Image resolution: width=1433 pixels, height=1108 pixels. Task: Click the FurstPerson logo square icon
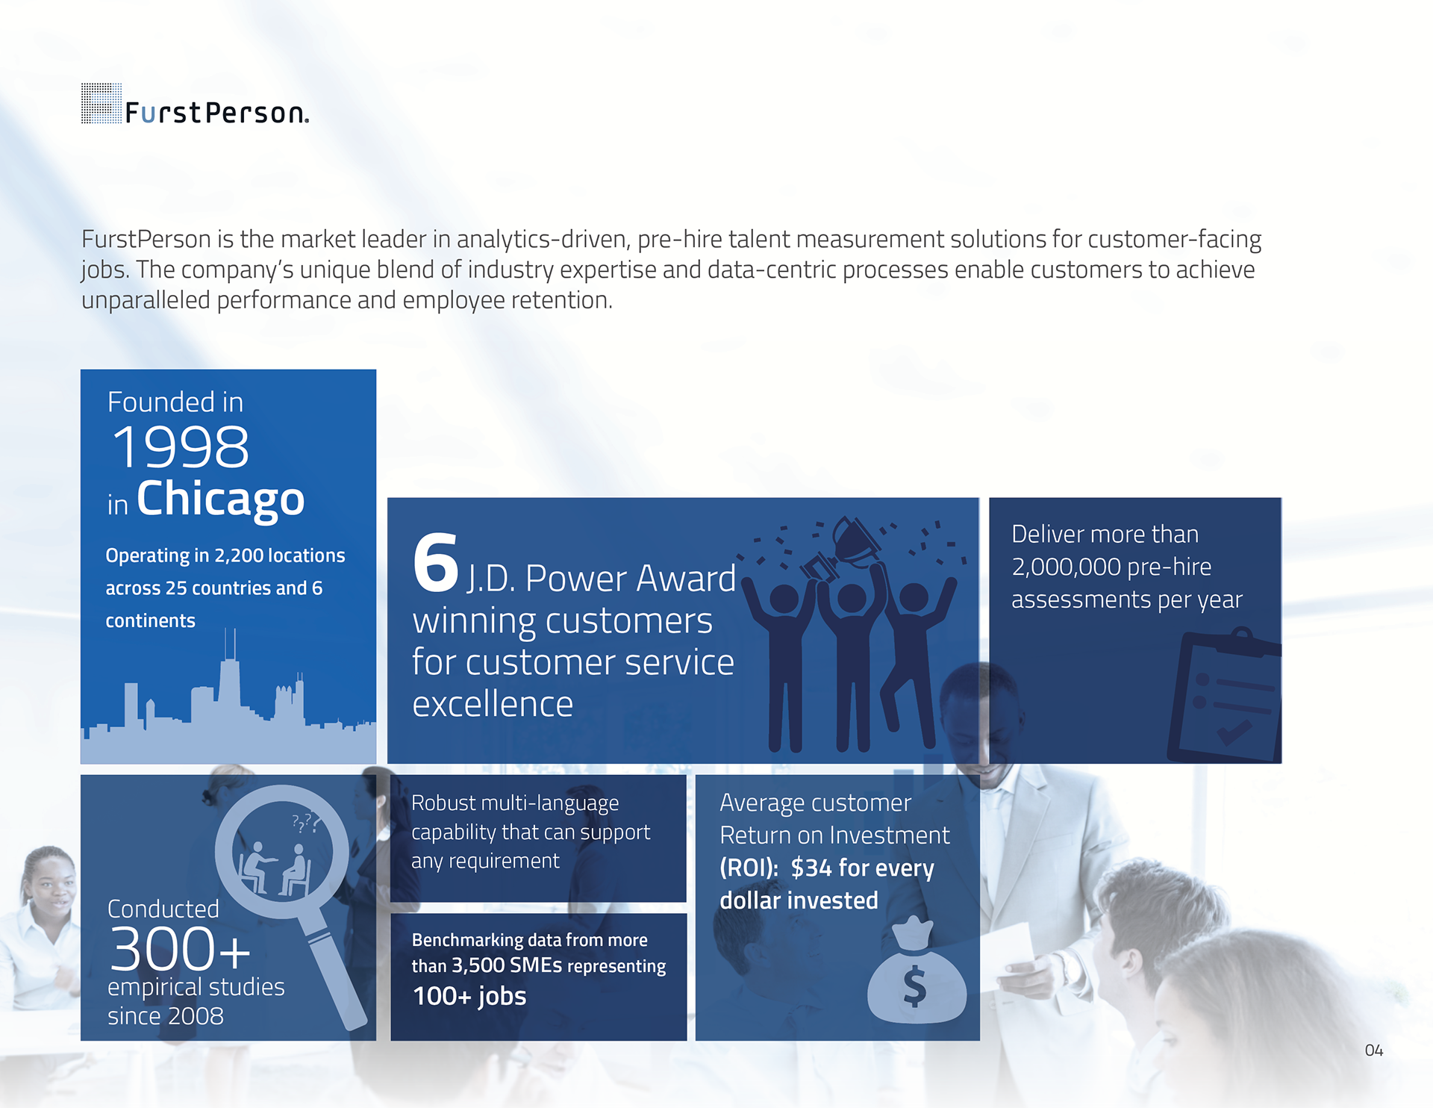(x=101, y=103)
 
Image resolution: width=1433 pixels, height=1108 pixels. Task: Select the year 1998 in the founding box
(x=181, y=447)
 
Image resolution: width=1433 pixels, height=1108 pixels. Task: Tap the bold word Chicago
(x=221, y=499)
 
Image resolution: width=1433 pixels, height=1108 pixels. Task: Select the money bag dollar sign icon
(x=917, y=971)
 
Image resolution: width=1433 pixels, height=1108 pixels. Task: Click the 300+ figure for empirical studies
(x=180, y=949)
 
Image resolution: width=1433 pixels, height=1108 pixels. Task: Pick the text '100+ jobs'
(x=469, y=996)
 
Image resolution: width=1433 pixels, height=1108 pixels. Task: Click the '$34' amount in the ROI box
(x=811, y=868)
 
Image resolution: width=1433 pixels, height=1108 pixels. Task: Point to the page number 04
(x=1373, y=1051)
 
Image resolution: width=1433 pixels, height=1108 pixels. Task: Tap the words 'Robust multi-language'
(x=515, y=803)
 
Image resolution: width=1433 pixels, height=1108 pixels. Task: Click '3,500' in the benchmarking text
(x=478, y=965)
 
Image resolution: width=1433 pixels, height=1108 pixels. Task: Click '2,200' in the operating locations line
(x=239, y=555)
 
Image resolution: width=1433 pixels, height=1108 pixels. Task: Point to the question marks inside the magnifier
(x=306, y=823)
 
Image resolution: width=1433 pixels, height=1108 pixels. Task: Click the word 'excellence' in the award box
(x=493, y=704)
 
